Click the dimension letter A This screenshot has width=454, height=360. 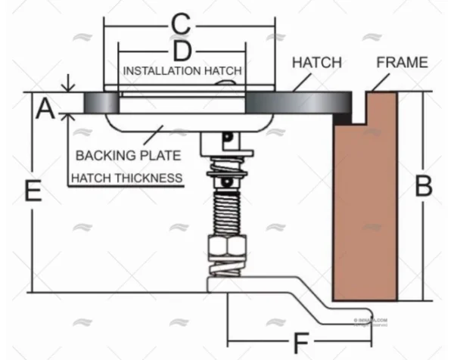[x=45, y=110]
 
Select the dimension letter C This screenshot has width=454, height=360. [x=179, y=24]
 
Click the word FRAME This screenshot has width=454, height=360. [x=403, y=62]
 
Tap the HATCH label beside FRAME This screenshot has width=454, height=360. [x=316, y=62]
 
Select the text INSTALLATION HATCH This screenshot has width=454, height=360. [x=182, y=70]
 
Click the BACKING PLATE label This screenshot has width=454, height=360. [x=128, y=156]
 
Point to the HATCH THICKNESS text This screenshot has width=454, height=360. [x=126, y=178]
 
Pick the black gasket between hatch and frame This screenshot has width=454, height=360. [x=344, y=118]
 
